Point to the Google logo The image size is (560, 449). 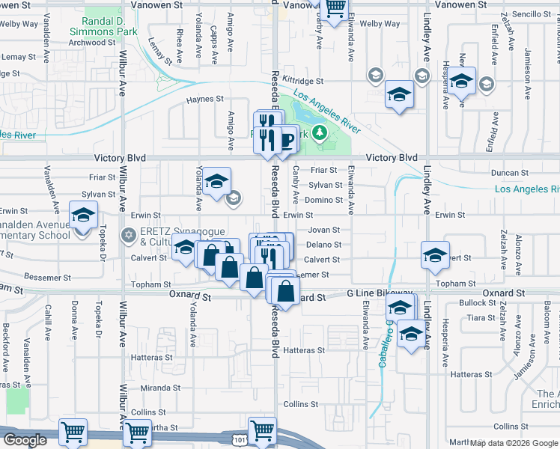(x=26, y=440)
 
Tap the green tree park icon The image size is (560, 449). (x=320, y=133)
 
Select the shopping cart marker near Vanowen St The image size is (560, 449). (x=335, y=7)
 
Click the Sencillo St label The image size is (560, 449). (x=532, y=14)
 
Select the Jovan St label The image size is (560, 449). (x=324, y=230)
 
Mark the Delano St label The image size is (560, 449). (x=323, y=245)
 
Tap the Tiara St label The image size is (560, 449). (x=477, y=317)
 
